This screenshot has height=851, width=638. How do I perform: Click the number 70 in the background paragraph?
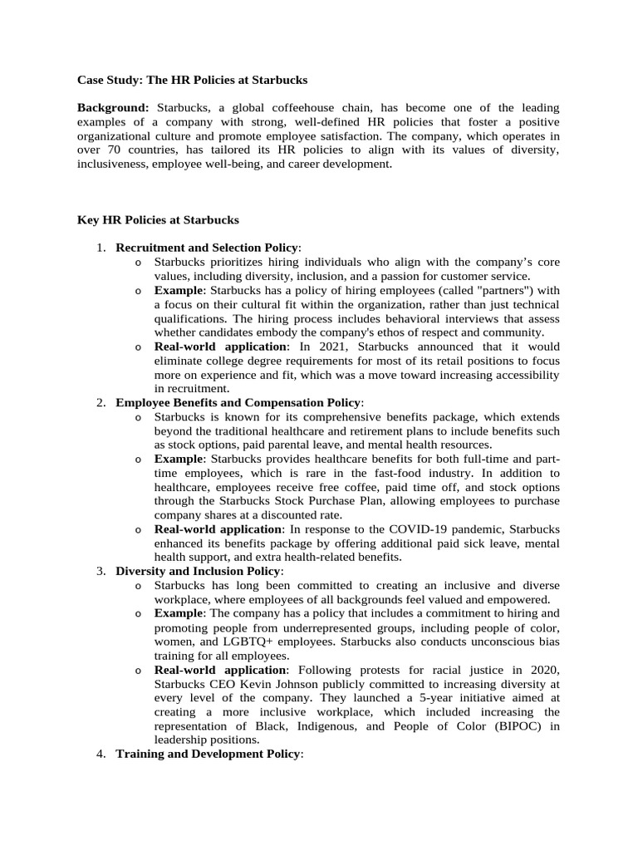[117, 150]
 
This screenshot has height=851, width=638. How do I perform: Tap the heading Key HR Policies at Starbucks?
[158, 220]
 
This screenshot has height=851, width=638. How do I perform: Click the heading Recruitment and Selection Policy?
[207, 248]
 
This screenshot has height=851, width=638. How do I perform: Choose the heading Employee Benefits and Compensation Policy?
[238, 402]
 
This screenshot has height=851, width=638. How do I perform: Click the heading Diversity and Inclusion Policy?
[199, 572]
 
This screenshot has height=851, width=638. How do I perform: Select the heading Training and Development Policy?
[208, 755]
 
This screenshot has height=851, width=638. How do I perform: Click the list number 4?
[100, 755]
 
